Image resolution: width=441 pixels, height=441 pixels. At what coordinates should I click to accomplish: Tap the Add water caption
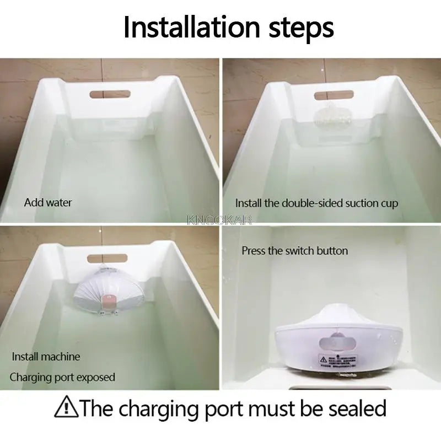[48, 202]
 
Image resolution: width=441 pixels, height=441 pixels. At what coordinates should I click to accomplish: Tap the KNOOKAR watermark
[219, 220]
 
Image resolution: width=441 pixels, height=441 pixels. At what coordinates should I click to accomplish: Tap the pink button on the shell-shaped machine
[109, 300]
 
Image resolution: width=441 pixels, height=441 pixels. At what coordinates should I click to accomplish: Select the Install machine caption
[46, 357]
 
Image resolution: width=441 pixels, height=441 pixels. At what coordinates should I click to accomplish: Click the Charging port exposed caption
[62, 378]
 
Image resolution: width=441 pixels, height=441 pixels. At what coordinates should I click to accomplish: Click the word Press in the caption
[254, 251]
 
